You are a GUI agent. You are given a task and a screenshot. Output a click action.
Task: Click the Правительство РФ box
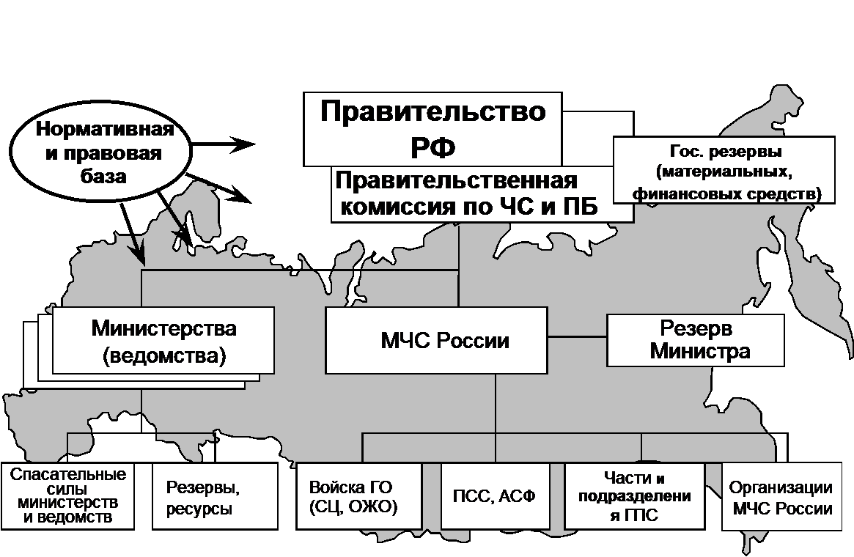[x=432, y=129]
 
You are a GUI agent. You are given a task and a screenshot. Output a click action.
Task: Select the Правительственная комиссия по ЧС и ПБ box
[x=482, y=194]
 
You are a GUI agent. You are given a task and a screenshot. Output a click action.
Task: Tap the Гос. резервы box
[x=724, y=170]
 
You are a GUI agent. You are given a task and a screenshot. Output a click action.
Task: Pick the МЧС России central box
[x=436, y=340]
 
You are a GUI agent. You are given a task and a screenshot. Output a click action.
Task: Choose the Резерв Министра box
[x=696, y=340]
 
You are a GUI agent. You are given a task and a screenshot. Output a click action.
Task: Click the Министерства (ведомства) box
[x=163, y=340]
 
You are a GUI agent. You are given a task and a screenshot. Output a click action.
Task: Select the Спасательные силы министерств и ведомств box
[x=67, y=495]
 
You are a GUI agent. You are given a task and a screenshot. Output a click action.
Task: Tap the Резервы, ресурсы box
[x=215, y=495]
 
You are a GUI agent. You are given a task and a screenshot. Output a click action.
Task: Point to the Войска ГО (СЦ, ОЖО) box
[x=359, y=495]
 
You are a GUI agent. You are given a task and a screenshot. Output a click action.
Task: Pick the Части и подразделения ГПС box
[x=635, y=495]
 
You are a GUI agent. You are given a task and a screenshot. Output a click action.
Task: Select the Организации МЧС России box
[x=781, y=495]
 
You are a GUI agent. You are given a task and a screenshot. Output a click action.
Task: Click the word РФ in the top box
[x=433, y=147]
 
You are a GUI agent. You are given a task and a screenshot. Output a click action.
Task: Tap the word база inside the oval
[x=103, y=177]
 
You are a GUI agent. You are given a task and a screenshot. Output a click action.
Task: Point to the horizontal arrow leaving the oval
[x=224, y=144]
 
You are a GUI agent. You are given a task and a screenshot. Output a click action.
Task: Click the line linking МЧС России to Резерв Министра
[x=578, y=337]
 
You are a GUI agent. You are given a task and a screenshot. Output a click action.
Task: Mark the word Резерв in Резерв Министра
[x=696, y=328]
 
